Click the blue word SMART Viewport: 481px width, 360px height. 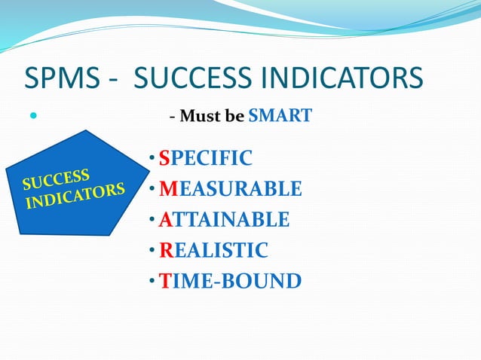[280, 117]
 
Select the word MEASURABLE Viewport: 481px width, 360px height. [230, 189]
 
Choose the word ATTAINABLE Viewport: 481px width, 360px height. [224, 220]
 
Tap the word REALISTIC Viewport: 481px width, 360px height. [213, 251]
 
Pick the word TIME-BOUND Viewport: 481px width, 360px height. [230, 282]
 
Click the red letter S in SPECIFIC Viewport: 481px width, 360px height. [164, 158]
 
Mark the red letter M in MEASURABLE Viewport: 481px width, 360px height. [167, 189]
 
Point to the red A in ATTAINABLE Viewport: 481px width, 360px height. [165, 220]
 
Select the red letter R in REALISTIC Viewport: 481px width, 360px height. [166, 251]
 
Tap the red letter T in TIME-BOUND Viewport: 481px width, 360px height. [164, 282]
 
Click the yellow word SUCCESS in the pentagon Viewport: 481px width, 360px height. [57, 179]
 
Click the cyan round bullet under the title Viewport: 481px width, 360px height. [33, 117]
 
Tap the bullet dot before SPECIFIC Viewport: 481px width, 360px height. [152, 158]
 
